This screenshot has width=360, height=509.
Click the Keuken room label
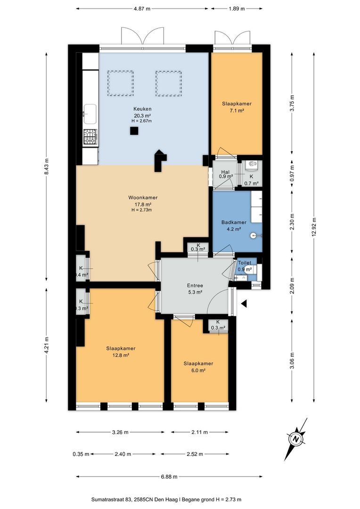[142, 109]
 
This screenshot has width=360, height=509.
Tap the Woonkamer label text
[143, 197]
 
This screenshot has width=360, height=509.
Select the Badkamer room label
[234, 222]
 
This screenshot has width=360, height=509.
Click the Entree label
[195, 286]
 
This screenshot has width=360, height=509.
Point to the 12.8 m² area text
[121, 355]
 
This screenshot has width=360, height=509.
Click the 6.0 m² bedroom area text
[198, 370]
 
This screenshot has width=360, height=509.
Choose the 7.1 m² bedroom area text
[237, 111]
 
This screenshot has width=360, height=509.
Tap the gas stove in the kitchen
[90, 137]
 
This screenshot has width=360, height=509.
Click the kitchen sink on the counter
[90, 114]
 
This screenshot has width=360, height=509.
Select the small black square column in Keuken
[134, 131]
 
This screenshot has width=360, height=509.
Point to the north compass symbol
[296, 439]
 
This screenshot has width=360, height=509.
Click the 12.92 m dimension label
[313, 228]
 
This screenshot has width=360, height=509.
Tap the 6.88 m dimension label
[169, 477]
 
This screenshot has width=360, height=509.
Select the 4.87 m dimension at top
[142, 9]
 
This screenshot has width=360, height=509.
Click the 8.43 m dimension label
[47, 166]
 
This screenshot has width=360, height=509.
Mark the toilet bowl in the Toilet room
[249, 269]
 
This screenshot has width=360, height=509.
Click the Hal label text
[225, 172]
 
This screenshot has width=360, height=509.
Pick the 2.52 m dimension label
[195, 454]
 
